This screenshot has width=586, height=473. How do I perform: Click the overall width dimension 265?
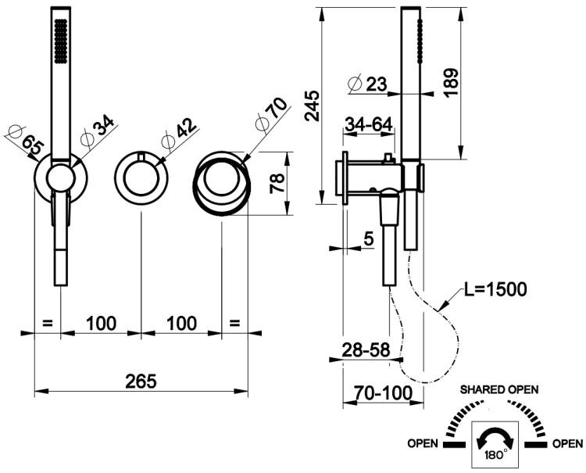[x=141, y=381]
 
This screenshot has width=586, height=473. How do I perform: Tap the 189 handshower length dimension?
[x=449, y=82]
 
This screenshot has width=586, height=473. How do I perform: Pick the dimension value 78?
[x=276, y=185]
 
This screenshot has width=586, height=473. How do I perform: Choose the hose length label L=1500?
[x=495, y=290]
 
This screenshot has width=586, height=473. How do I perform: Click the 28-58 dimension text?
[x=366, y=351]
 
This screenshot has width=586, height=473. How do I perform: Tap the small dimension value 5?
[x=368, y=240]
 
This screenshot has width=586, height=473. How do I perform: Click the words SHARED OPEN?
[x=499, y=389]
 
